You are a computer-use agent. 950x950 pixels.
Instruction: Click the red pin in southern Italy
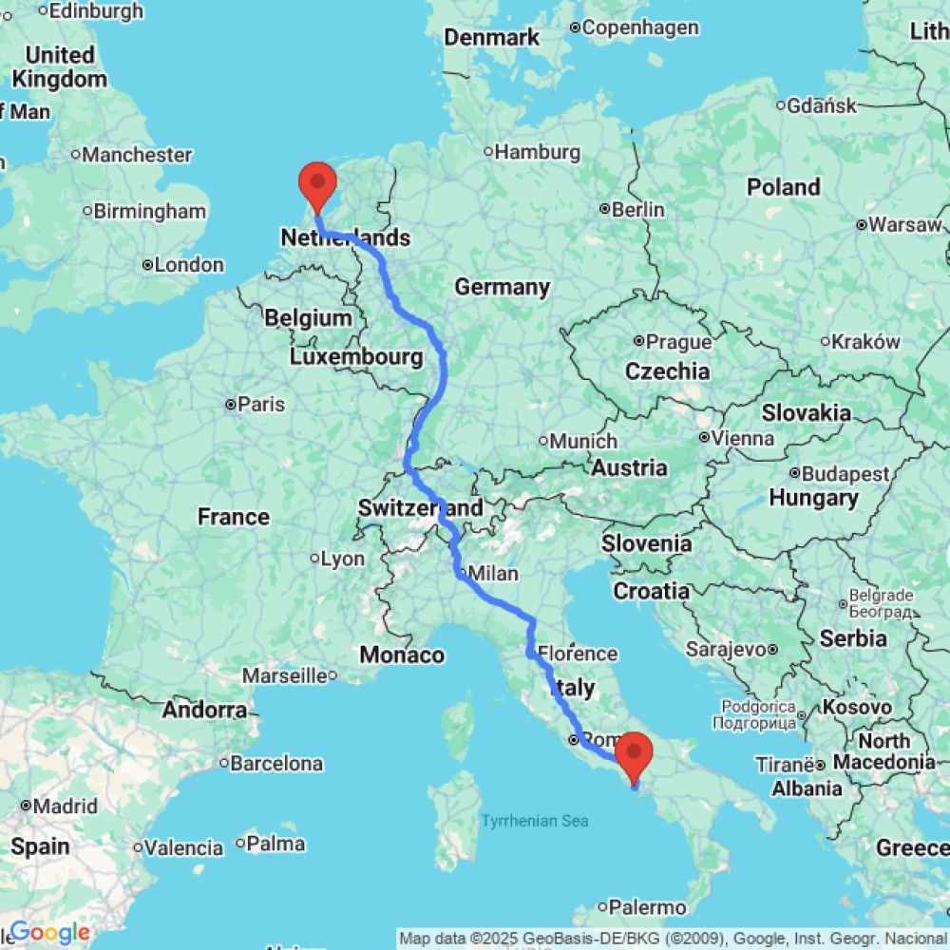point(634,752)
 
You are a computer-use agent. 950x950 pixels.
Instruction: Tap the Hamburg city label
point(538,151)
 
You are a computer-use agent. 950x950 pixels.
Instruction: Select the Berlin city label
point(637,208)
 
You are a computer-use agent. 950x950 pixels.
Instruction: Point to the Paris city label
point(261,404)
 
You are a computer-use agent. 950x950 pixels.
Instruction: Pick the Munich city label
point(584,441)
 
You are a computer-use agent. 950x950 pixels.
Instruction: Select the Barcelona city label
point(277,763)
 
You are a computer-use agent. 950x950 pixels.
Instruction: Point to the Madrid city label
point(66,807)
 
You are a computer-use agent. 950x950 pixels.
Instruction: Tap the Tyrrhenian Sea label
point(534,821)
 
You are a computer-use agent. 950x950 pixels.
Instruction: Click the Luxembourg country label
point(356,357)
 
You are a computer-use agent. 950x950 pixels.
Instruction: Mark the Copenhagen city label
point(640,28)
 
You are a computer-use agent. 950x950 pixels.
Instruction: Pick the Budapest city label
point(844,473)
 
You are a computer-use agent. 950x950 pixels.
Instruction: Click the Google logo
point(49,934)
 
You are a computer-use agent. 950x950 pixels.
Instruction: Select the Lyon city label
point(342,559)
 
